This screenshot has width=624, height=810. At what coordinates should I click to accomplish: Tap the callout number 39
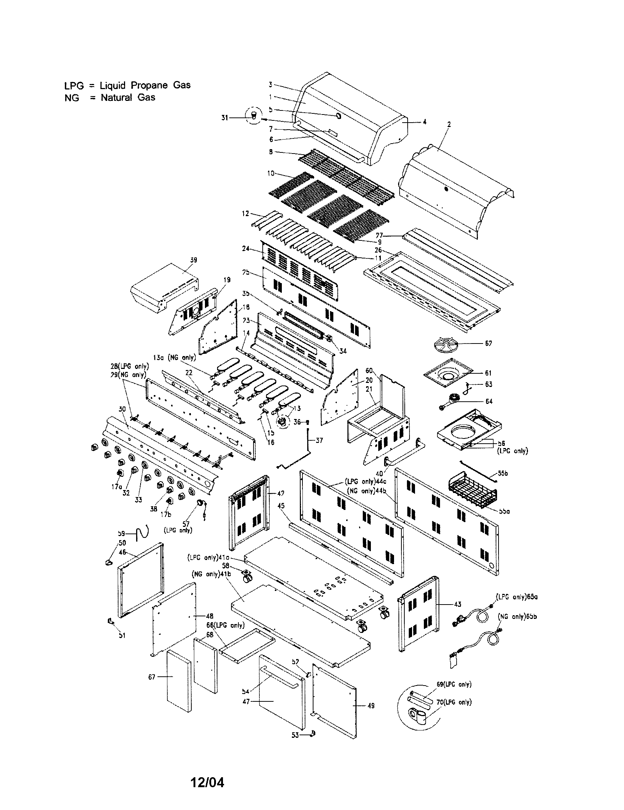(x=194, y=260)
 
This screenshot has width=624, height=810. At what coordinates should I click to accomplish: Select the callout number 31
(x=224, y=117)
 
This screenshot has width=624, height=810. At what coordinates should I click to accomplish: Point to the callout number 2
(x=449, y=124)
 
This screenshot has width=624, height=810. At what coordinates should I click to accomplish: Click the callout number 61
(x=488, y=373)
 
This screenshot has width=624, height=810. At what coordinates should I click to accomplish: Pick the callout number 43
(x=458, y=604)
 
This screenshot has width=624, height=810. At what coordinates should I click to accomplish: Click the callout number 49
(x=371, y=706)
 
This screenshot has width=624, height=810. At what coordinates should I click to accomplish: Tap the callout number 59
(x=121, y=533)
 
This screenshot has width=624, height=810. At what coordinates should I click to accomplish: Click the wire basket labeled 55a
(x=472, y=489)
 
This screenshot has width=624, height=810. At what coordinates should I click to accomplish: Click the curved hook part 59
(x=142, y=533)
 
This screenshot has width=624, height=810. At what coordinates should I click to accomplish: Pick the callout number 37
(x=319, y=440)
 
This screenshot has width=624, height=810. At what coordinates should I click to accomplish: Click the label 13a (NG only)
(x=174, y=358)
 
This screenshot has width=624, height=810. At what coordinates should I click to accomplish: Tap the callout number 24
(x=246, y=249)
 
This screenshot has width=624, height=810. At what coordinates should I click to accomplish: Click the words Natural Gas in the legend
(x=128, y=98)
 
